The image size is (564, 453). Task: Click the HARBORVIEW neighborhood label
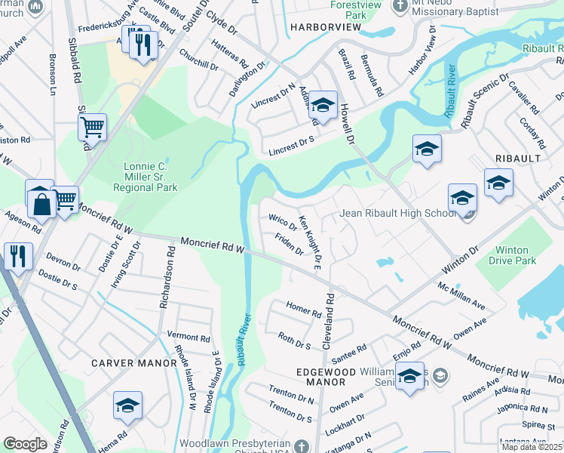pos(325,28)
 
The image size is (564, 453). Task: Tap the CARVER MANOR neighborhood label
pos(133,363)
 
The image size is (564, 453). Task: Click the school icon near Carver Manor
pos(128,407)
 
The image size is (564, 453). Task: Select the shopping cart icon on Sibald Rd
pos(92,128)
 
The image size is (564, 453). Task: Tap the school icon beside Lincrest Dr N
pos(323,106)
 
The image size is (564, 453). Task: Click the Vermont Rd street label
pos(188,337)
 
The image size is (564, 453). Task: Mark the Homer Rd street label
pos(304,309)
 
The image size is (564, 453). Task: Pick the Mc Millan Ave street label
pos(462,295)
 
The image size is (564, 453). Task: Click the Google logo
pos(25,444)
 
